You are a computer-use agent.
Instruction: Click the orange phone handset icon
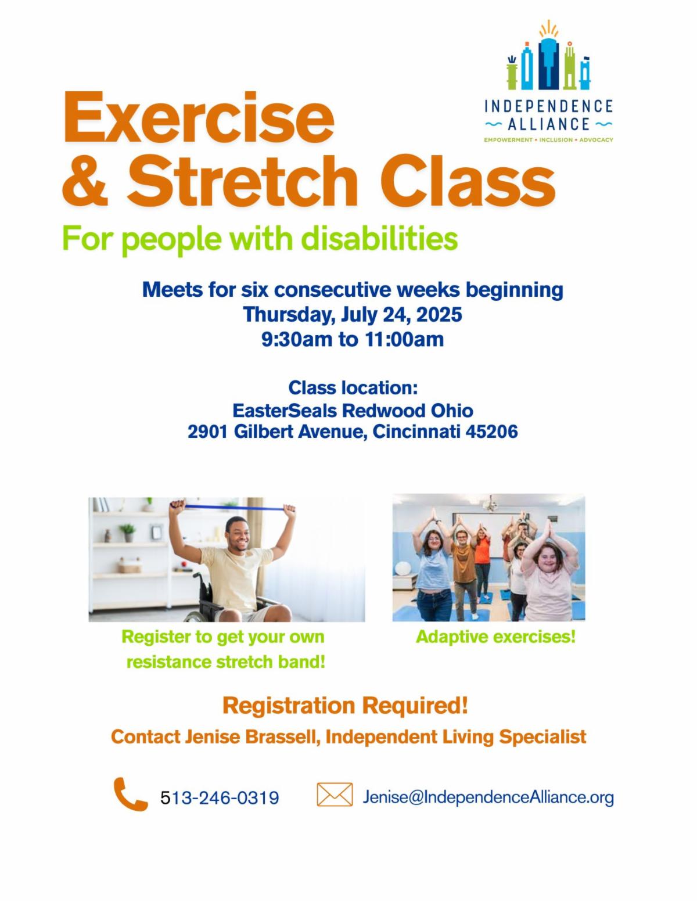pyautogui.click(x=130, y=794)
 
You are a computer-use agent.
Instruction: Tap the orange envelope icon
pyautogui.click(x=335, y=795)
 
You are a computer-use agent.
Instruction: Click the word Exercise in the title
pyautogui.click(x=199, y=117)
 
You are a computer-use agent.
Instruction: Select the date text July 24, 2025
pyautogui.click(x=401, y=315)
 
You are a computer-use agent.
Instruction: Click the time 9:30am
pyautogui.click(x=297, y=339)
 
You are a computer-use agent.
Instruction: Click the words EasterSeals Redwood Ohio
pyautogui.click(x=353, y=411)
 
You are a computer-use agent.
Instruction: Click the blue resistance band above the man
pyautogui.click(x=233, y=507)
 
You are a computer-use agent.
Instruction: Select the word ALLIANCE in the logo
pyautogui.click(x=548, y=124)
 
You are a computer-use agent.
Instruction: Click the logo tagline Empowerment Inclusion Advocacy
pyautogui.click(x=548, y=140)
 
